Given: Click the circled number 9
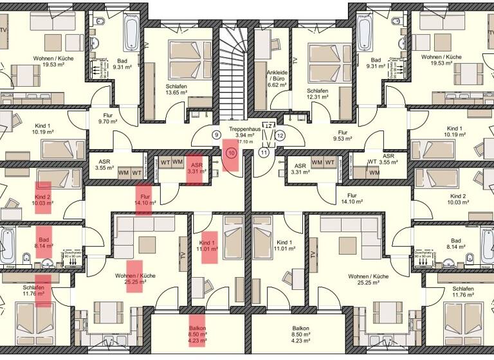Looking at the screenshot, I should (x=216, y=135).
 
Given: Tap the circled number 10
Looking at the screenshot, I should (x=232, y=153).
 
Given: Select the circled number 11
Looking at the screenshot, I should (x=264, y=152).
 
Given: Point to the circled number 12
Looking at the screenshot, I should (x=280, y=136).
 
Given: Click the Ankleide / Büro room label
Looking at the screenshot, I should (x=277, y=78).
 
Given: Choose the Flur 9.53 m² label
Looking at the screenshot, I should (x=341, y=134).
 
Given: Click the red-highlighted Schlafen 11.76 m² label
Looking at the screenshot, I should (x=42, y=291).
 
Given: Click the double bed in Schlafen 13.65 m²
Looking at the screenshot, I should (x=182, y=59).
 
